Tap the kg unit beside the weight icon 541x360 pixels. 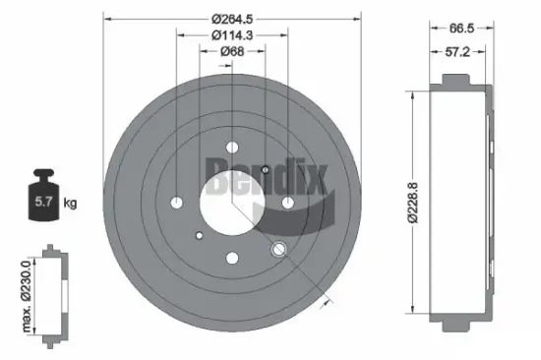71,204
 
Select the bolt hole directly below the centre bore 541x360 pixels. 232,258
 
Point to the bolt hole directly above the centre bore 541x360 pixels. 232,148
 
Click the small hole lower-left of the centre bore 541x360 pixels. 200,235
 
